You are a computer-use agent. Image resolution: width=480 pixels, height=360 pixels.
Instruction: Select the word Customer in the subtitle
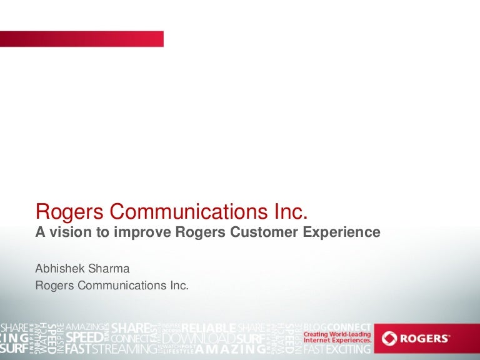tap(266, 232)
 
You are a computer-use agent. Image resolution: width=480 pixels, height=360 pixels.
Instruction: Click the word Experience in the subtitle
tap(342, 232)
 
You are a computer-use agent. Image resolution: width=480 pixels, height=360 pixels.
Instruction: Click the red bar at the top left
tap(81, 39)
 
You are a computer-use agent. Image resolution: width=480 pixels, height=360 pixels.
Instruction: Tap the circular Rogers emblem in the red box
tap(390, 338)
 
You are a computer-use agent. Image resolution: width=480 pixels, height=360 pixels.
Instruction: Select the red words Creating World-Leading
tap(337, 334)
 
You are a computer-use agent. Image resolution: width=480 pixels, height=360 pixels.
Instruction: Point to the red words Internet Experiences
tap(337, 341)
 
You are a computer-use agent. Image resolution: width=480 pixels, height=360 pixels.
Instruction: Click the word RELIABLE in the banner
tap(208, 328)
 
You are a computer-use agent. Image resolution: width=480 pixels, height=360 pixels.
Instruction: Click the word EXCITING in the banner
tap(348, 349)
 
